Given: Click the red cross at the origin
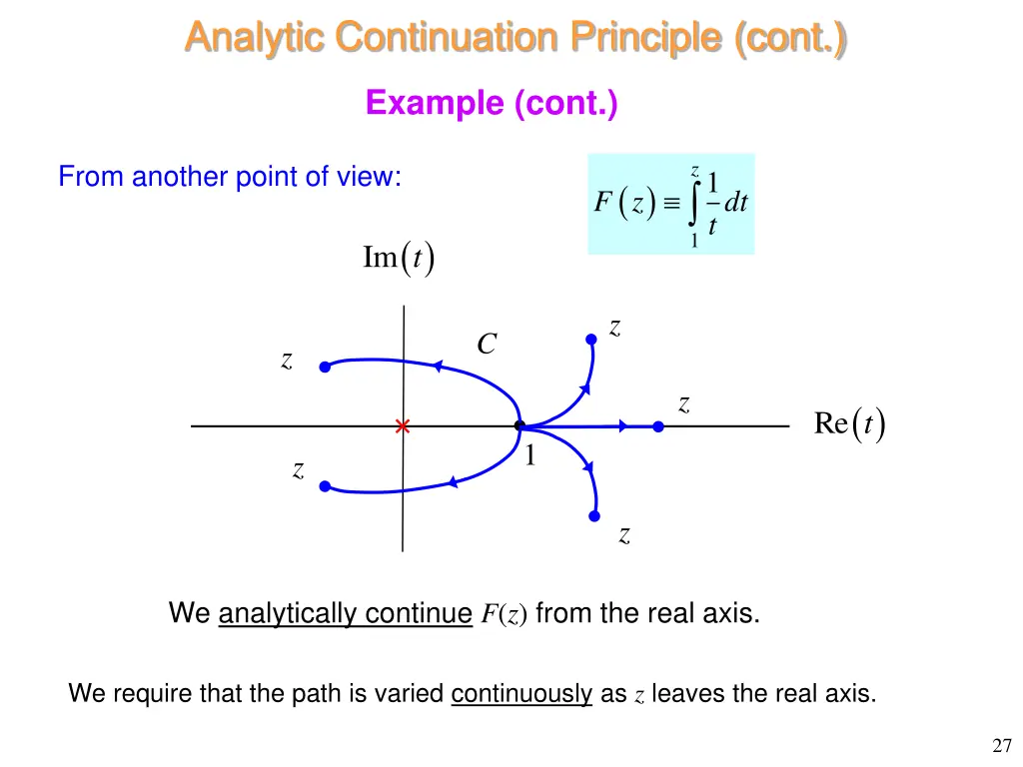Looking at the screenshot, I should pos(403,426).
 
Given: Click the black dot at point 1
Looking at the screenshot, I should pos(519,426).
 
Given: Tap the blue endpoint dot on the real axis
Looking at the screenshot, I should pos(657,426).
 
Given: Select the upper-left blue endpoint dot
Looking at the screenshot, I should pos(325,368).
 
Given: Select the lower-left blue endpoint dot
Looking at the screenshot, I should pos(325,486).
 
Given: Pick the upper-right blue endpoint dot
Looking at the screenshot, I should pos(591,340).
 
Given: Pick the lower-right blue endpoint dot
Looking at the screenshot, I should pos(594,515).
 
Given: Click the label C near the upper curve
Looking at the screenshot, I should pos(487,345).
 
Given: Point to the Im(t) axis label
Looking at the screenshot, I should pos(398,258).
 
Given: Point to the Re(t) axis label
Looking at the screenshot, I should pos(849,424).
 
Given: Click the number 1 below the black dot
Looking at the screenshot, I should pos(530,456).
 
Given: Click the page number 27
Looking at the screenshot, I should pos(1003,745).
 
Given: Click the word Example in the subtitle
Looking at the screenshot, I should pos(436,103).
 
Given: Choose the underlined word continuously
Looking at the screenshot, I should pos(521,693).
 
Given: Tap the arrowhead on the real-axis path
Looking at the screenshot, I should pos(623,426).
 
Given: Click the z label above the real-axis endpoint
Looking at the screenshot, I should pos(684,403).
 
